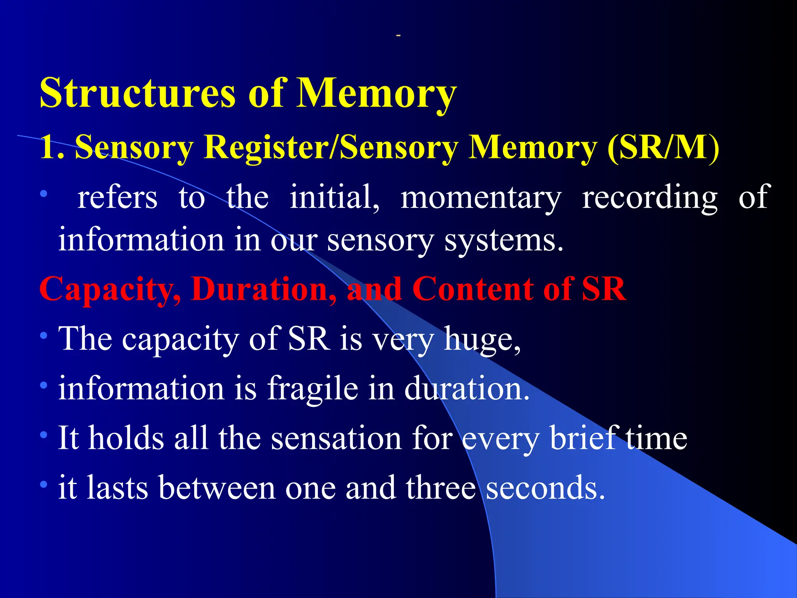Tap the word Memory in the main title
coord(376,93)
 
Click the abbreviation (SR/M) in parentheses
coord(663,147)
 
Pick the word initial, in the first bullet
coord(335,197)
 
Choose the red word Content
coord(472,289)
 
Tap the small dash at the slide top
coord(398,36)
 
